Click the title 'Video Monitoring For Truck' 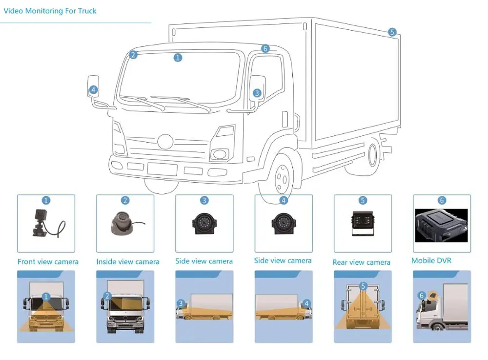50,11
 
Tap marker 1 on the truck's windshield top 178,58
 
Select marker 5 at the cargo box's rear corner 392,32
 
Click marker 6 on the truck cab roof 265,48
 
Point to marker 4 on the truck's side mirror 93,90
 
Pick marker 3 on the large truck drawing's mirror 257,93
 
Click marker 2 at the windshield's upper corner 133,55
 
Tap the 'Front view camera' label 48,262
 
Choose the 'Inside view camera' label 127,262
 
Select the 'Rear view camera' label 361,262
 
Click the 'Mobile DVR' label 431,260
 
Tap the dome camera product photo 122,222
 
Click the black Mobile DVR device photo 441,226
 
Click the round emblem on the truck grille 165,142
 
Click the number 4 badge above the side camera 284,200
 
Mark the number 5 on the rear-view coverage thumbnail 363,286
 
